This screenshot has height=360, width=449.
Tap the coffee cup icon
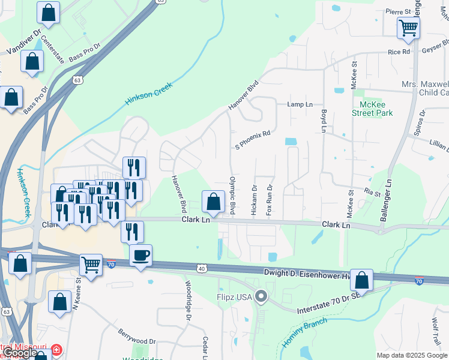click(x=141, y=256)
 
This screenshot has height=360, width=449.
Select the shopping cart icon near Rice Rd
click(x=408, y=27)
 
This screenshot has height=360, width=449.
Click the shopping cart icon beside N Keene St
click(x=91, y=263)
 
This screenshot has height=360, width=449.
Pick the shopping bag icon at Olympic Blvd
click(x=213, y=202)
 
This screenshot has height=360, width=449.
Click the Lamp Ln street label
click(x=300, y=104)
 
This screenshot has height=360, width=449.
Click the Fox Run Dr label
click(x=270, y=200)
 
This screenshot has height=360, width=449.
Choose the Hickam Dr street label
click(x=255, y=200)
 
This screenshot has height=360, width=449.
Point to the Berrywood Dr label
click(x=137, y=336)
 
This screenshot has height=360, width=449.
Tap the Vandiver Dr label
click(x=25, y=41)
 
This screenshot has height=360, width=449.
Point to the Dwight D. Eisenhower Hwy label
click(x=307, y=273)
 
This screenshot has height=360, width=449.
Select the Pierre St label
click(x=398, y=11)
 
